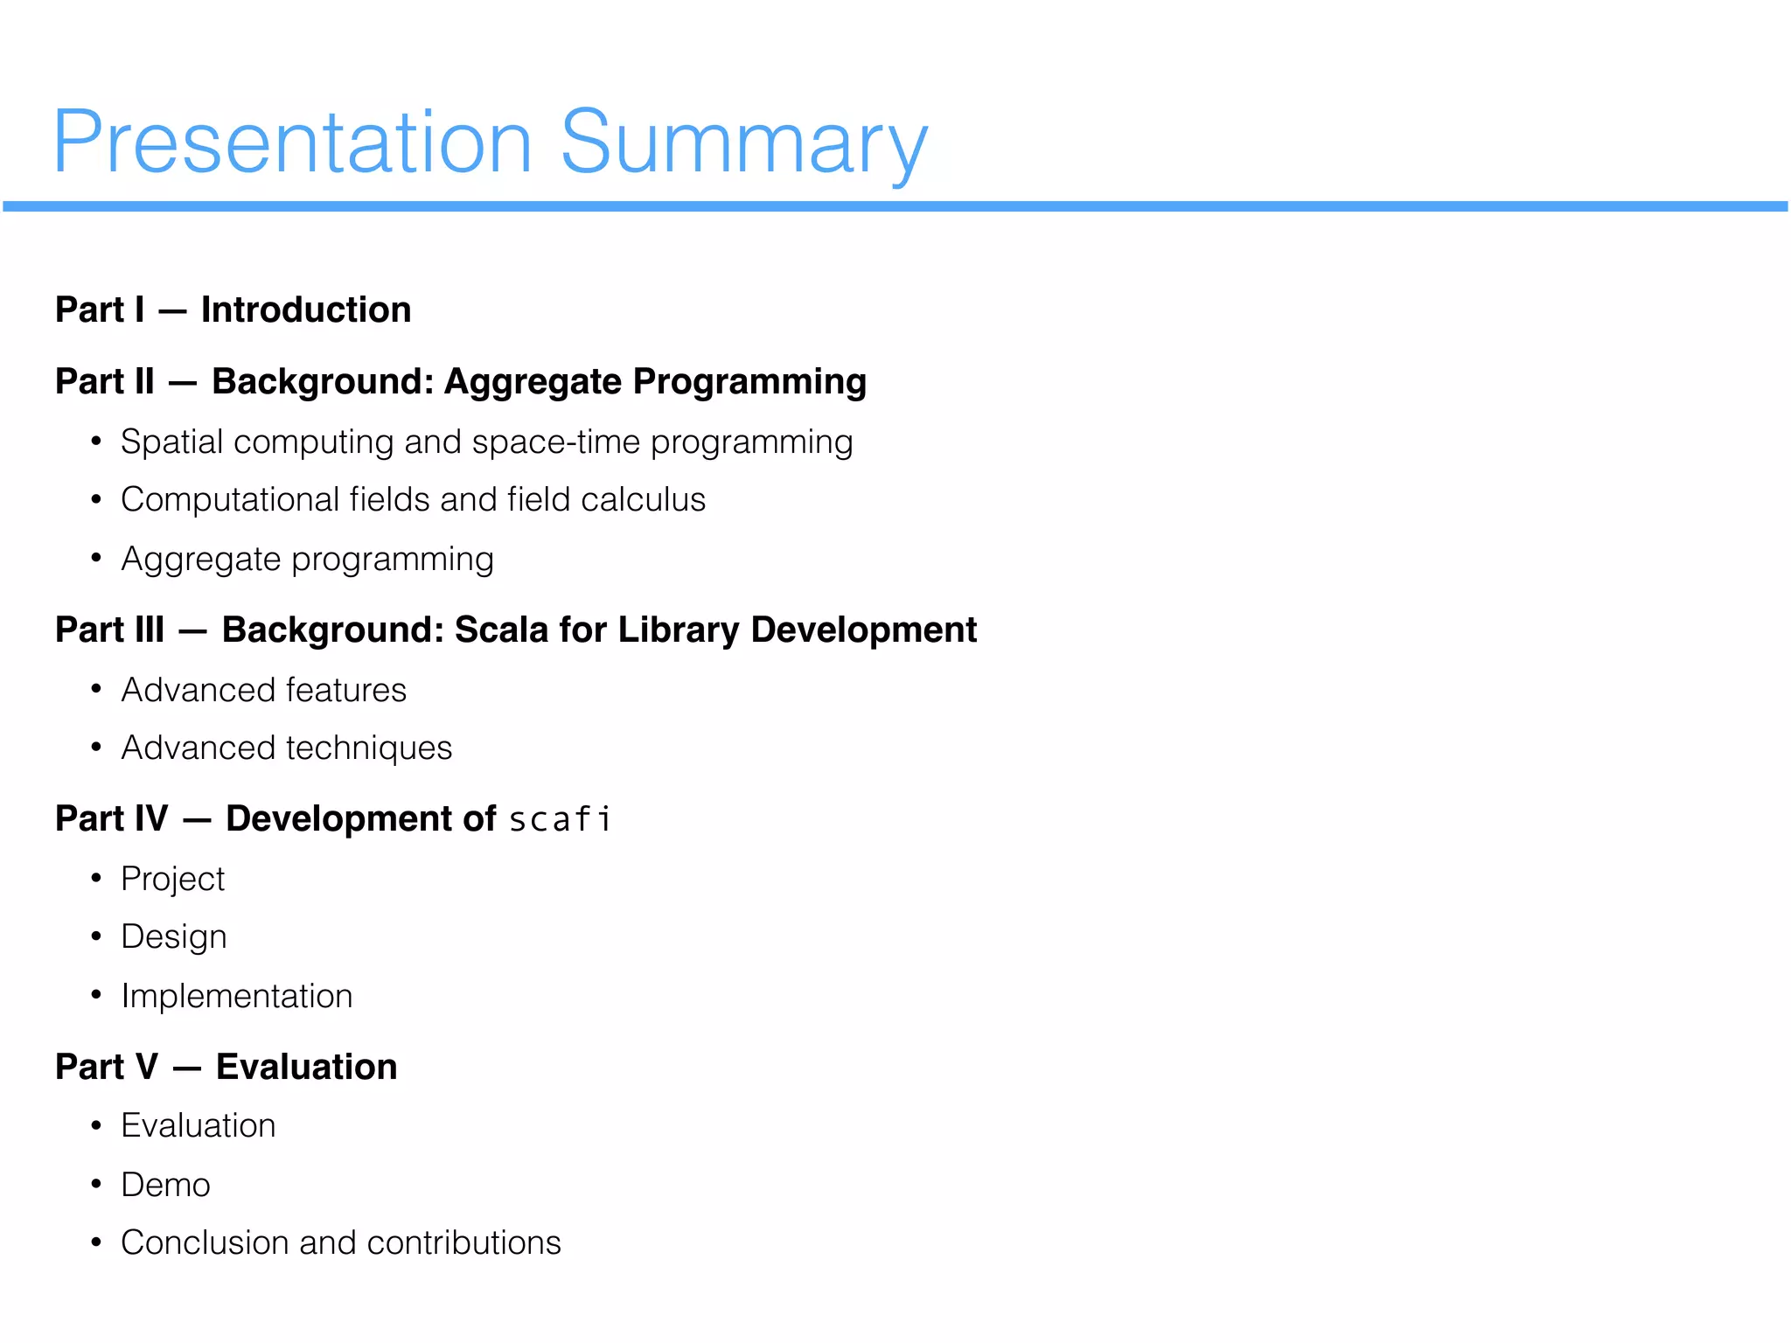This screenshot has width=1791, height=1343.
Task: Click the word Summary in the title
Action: click(743, 144)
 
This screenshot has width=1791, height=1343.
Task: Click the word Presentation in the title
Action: click(292, 144)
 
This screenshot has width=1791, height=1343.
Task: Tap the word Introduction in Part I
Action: click(306, 310)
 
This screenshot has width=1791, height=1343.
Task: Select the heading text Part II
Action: click(105, 382)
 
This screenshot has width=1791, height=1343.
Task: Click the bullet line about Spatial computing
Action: click(486, 442)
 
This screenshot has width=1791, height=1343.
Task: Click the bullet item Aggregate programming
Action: click(307, 560)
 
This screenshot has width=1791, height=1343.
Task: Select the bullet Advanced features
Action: click(263, 691)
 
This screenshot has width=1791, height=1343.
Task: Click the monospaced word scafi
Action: click(560, 820)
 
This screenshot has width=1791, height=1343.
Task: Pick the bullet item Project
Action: click(172, 880)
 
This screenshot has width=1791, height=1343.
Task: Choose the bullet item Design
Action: click(173, 937)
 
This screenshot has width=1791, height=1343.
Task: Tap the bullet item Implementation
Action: click(236, 997)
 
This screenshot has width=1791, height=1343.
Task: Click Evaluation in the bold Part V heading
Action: click(306, 1068)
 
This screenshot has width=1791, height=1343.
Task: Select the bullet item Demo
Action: click(165, 1186)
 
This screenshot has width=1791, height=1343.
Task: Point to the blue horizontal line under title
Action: click(895, 206)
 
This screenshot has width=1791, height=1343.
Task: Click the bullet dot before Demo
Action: click(96, 1185)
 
